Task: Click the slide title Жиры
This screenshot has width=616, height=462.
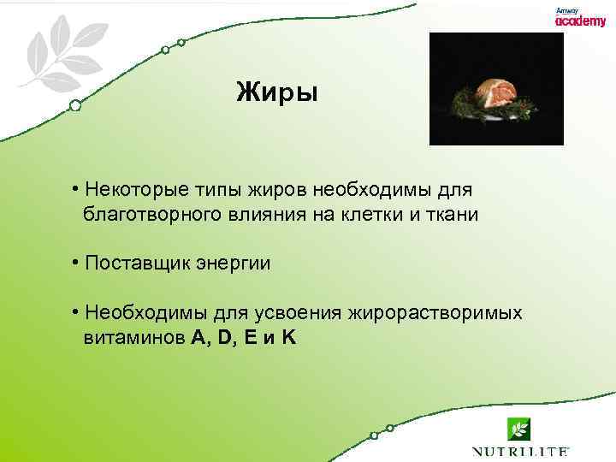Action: pos(276,92)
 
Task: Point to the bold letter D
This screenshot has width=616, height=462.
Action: pos(225,338)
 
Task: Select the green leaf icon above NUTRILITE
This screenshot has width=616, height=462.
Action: pos(518,429)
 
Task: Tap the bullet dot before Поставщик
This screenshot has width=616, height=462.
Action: pos(76,263)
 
